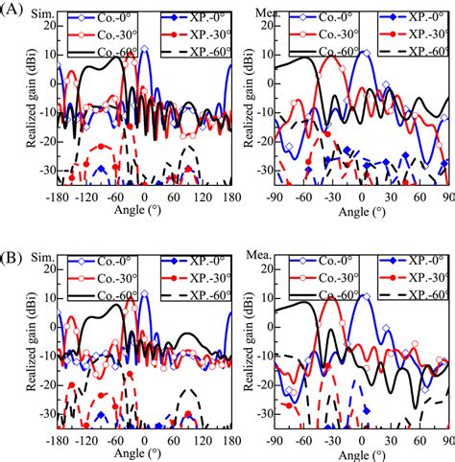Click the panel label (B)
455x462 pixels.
[13, 242]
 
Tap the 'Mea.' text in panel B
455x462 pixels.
[260, 244]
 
